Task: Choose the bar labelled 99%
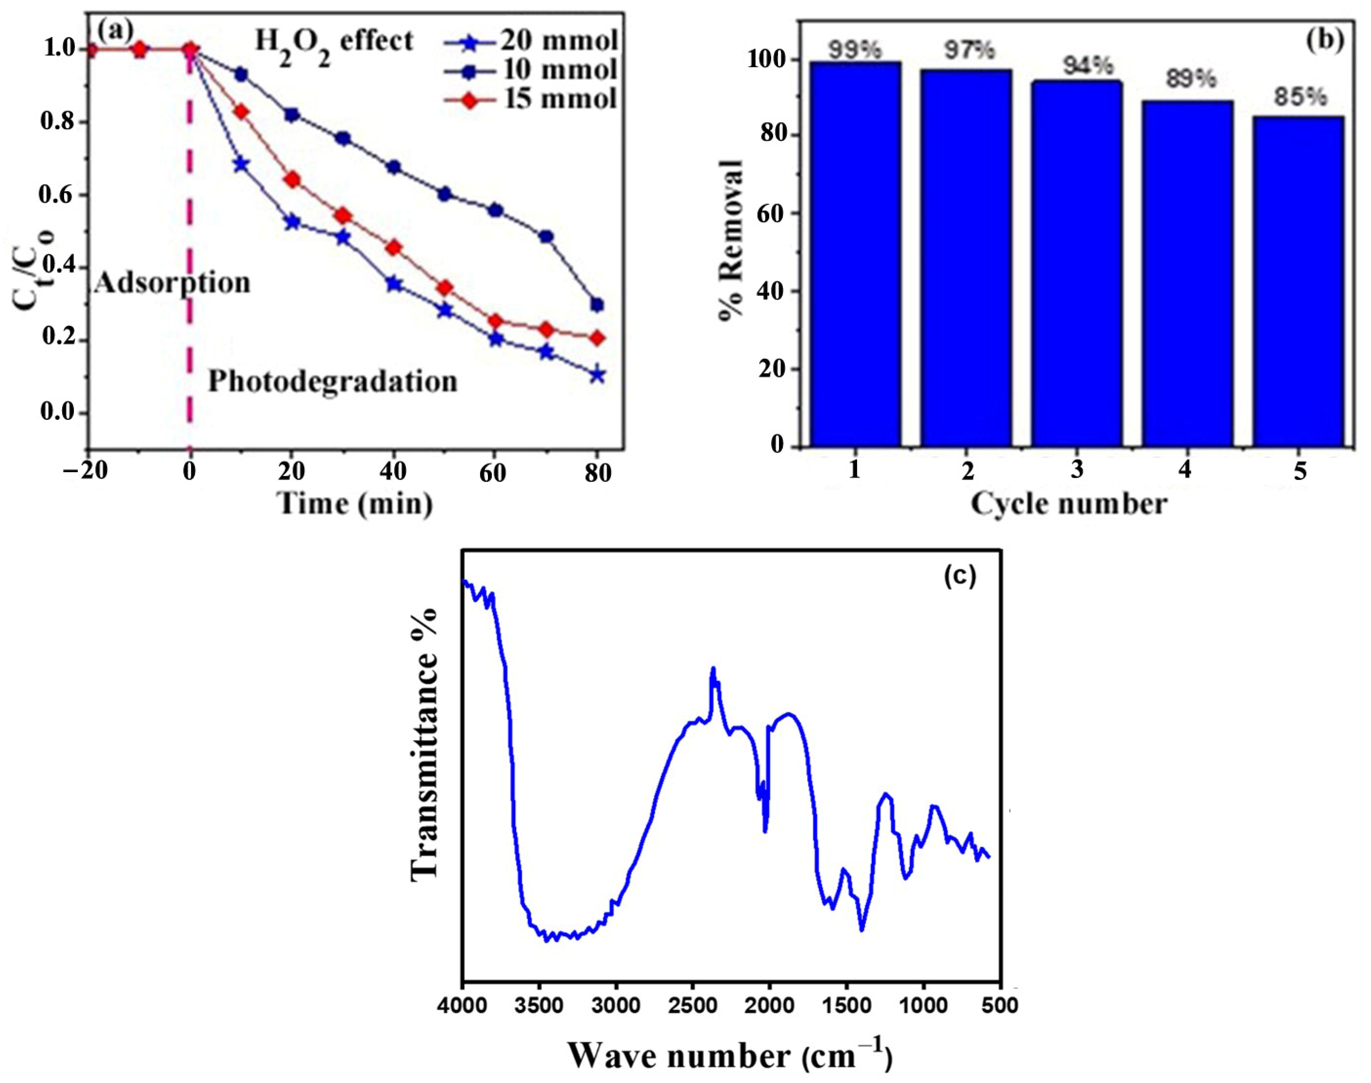(x=855, y=254)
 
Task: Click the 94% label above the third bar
(x=1078, y=65)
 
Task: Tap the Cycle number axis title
(x=1069, y=504)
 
